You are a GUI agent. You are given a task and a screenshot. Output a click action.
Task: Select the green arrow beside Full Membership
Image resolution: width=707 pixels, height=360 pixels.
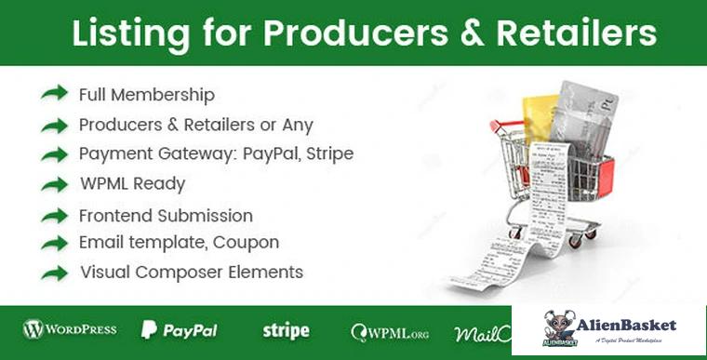(55, 93)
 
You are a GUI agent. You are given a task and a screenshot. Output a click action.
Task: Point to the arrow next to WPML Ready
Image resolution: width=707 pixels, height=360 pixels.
(55, 183)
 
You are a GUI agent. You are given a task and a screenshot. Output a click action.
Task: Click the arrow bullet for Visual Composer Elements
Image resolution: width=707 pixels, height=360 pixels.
(55, 273)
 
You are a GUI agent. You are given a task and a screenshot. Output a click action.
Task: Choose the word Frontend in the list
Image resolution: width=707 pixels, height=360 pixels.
(114, 215)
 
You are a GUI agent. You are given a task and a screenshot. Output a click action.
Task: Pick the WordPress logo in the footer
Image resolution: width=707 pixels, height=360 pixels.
(70, 329)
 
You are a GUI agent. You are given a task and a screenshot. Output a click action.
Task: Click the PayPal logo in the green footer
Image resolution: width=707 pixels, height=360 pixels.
(179, 330)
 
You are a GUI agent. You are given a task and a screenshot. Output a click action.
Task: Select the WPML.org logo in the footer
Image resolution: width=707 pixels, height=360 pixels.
(390, 331)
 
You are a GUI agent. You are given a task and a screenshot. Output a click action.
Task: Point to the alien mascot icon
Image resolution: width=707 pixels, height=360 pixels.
(559, 325)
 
